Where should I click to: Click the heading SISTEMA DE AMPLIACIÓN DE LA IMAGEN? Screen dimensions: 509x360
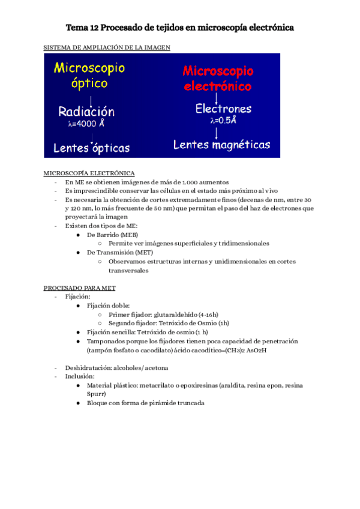(107, 47)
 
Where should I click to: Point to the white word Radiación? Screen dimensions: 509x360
(86, 112)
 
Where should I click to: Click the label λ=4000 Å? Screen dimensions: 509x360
(87, 124)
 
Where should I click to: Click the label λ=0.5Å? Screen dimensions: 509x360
(223, 121)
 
